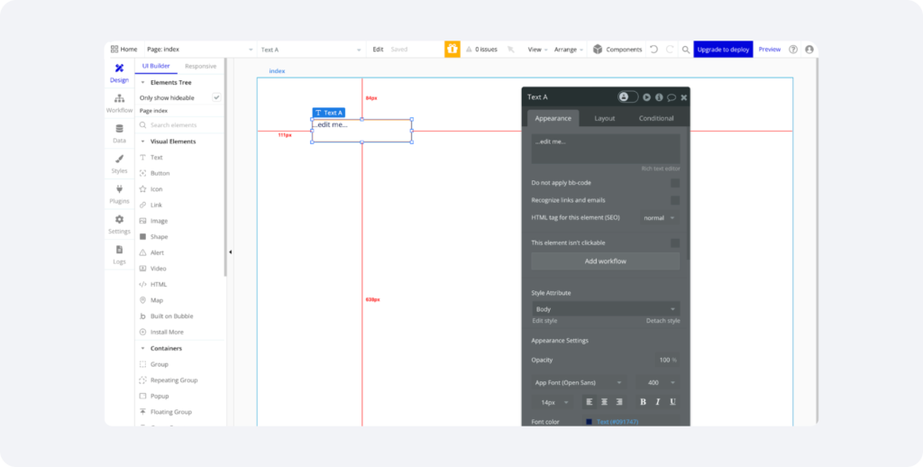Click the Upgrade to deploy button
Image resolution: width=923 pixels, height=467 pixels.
[x=723, y=50]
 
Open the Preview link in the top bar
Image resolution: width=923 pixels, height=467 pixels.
[x=769, y=50]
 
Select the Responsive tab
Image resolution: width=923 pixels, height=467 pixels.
[x=200, y=66]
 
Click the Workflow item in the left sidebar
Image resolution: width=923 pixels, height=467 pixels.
[x=119, y=103]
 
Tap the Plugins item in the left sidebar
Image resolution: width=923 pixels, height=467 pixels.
[x=119, y=194]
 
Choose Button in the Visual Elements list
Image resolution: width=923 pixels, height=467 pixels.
[x=160, y=173]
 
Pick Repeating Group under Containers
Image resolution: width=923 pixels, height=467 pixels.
[x=174, y=380]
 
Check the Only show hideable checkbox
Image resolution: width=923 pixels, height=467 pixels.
[x=216, y=97]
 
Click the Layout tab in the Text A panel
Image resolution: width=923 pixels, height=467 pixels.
[x=604, y=118]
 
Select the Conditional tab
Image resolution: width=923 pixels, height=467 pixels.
[x=656, y=118]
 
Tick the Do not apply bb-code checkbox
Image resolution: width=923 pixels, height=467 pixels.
[x=674, y=183]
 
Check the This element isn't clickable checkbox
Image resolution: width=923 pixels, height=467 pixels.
[x=674, y=243]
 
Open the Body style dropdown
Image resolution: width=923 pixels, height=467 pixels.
[x=605, y=309]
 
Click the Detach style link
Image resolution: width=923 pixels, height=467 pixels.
[x=663, y=321]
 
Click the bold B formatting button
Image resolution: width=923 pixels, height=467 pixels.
[x=643, y=402]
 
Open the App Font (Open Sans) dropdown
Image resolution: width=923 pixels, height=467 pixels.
[x=579, y=383]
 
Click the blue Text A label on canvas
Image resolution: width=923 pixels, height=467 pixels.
[x=329, y=113]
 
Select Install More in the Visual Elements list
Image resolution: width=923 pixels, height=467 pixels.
[x=167, y=332]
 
